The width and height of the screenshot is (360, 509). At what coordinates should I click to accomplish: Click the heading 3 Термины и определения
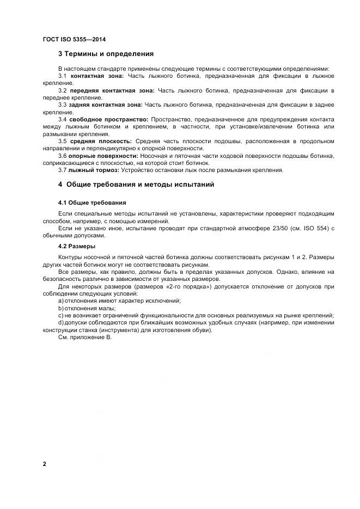pos(106,54)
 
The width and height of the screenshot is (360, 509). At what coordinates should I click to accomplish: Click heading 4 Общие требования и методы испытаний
pos(136,185)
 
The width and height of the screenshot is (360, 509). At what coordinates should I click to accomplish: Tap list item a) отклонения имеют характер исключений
pos(119,301)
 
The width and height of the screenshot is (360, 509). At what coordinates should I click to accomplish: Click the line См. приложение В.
pos(84,338)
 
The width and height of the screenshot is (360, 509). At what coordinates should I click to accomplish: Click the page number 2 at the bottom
pos(44,464)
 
